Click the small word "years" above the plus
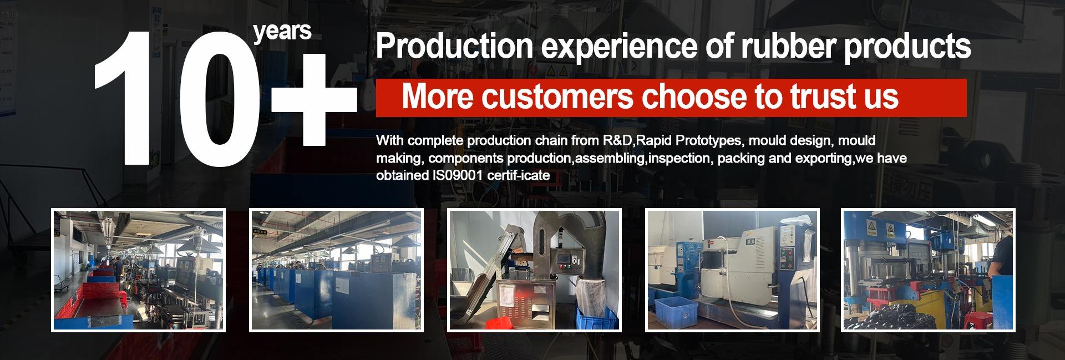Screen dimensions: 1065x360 (282, 31)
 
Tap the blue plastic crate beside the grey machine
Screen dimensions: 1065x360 (679, 308)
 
